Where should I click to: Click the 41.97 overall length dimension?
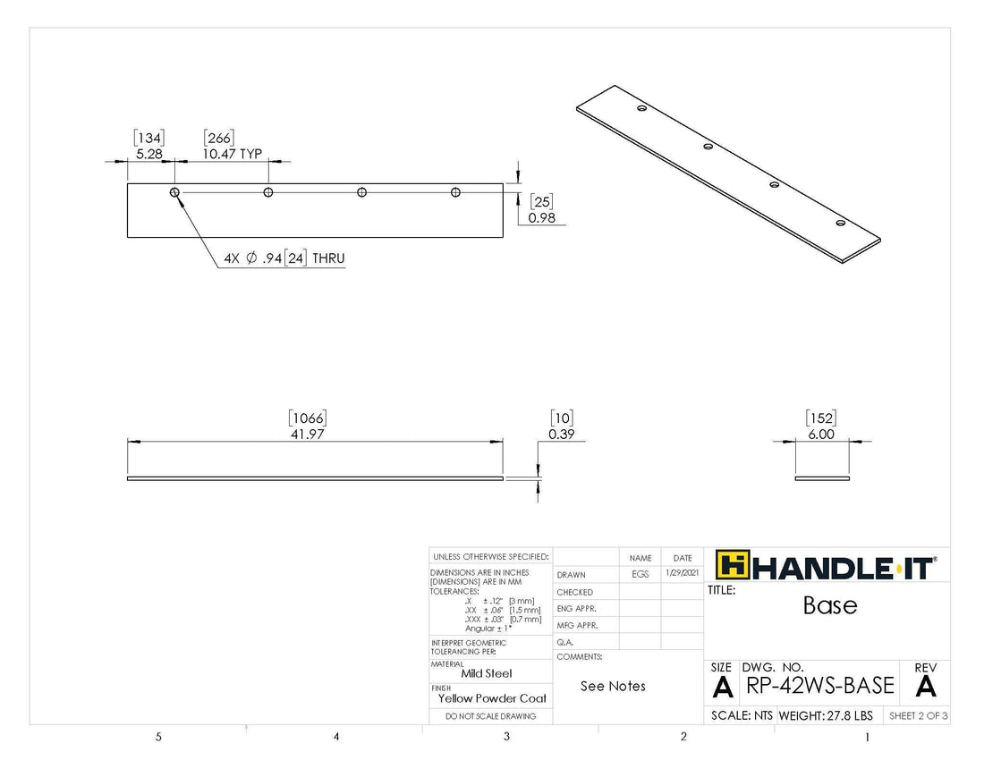click(x=307, y=435)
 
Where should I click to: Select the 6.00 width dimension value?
click(x=820, y=435)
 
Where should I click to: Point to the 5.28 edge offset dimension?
click(x=148, y=154)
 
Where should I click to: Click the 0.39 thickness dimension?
click(x=560, y=435)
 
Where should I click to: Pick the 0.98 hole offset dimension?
click(x=542, y=218)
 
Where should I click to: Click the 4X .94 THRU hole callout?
click(x=284, y=258)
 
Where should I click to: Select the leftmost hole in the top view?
click(x=174, y=192)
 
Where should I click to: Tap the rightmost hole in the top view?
click(x=455, y=192)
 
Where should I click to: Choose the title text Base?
click(x=829, y=605)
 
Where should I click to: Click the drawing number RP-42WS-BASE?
click(x=819, y=686)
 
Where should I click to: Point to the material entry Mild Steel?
click(x=487, y=674)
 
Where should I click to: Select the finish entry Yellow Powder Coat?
click(x=492, y=698)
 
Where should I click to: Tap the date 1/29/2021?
click(x=683, y=574)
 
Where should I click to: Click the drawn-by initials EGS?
click(x=640, y=574)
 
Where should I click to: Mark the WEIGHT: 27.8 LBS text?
click(x=825, y=716)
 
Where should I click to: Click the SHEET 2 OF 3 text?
click(x=918, y=716)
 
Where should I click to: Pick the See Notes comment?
click(x=613, y=686)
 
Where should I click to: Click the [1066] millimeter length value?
click(x=307, y=418)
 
